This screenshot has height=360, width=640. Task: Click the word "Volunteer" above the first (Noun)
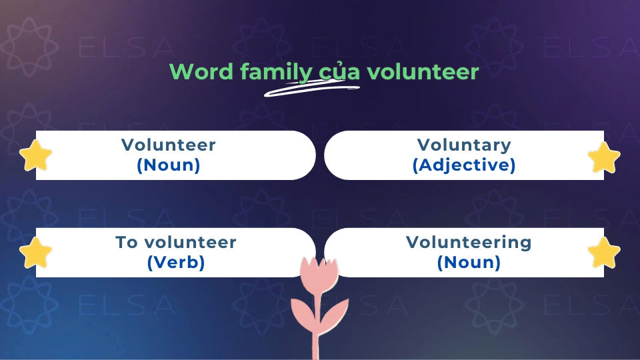point(169,145)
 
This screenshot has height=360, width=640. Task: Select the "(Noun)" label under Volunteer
point(169,165)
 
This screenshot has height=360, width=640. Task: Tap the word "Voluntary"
point(464,145)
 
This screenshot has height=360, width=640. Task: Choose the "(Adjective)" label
point(464,165)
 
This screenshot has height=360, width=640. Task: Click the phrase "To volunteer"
point(175,242)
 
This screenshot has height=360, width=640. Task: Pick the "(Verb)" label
point(175,263)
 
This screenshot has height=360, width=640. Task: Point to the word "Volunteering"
point(469,242)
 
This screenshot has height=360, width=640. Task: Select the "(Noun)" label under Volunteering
point(469,263)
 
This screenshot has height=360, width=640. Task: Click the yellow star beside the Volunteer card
point(35,156)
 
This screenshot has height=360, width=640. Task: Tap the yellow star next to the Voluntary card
point(604,158)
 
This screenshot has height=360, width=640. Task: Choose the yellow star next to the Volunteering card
point(604,253)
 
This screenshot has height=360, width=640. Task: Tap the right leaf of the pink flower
point(335,310)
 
